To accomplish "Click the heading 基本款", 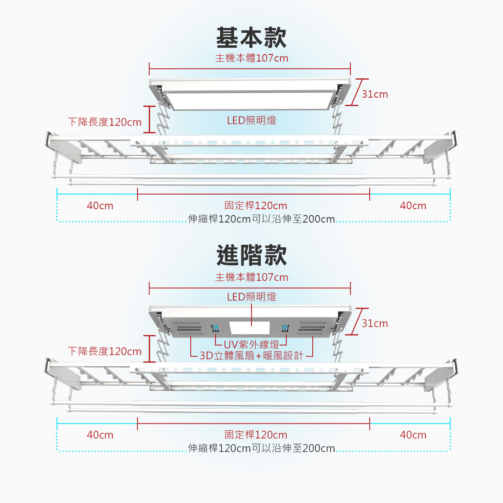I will (x=251, y=38).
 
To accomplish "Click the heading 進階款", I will (x=251, y=255).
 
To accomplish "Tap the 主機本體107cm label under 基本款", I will (x=251, y=58).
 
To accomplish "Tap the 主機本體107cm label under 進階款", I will (x=251, y=277).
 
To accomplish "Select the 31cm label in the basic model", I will (x=375, y=94).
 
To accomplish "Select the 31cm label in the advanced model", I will (x=375, y=324).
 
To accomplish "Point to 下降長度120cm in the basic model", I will (x=105, y=122).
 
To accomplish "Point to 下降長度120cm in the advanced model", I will (x=105, y=351).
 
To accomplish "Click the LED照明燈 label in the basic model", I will (x=251, y=121).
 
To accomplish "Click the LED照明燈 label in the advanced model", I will (x=251, y=297).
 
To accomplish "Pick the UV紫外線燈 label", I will (x=251, y=345).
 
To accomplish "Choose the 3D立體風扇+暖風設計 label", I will (x=251, y=356).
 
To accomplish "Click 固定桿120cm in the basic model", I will (x=256, y=206).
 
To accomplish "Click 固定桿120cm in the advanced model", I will (x=256, y=435).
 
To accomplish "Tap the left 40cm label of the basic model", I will (x=100, y=206).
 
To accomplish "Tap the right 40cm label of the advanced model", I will (x=413, y=435).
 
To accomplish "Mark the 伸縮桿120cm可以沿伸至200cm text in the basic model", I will (x=262, y=219).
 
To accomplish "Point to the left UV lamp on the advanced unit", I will (x=215, y=328).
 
